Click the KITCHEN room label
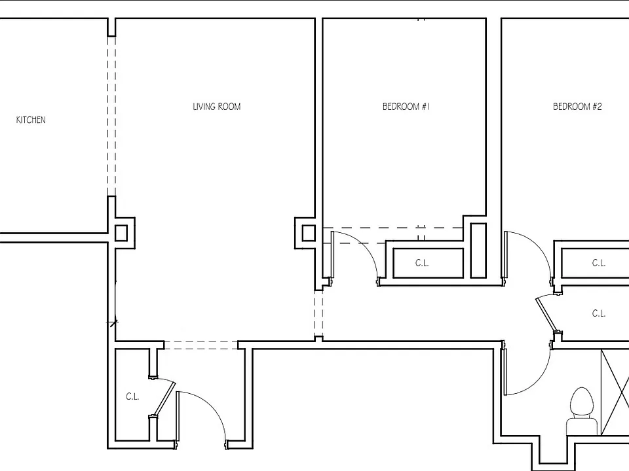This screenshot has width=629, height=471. tap(31, 120)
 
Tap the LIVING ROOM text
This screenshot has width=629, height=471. tap(217, 107)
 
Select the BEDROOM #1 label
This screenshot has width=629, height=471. tap(406, 107)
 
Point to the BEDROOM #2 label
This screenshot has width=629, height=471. tap(577, 107)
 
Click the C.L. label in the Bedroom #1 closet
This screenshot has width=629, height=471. tap(422, 263)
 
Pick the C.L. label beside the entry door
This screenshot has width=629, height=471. tap(132, 396)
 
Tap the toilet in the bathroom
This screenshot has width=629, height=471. tap(582, 411)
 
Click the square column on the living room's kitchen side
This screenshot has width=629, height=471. tap(121, 233)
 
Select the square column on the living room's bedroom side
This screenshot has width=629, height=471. tap(309, 233)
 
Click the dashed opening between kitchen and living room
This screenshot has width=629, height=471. tap(111, 116)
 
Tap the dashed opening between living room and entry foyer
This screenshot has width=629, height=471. tap(201, 345)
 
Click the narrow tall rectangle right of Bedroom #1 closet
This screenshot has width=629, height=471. tap(478, 251)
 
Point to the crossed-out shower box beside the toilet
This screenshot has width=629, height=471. tap(615, 392)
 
